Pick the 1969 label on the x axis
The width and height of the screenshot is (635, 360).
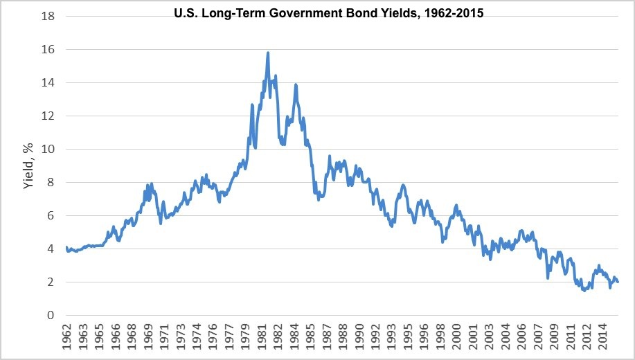(x=147, y=335)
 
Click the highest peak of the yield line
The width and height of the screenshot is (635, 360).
(x=268, y=53)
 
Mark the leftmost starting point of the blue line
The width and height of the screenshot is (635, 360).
(x=66, y=247)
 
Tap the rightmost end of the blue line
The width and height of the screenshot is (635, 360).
(x=618, y=282)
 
